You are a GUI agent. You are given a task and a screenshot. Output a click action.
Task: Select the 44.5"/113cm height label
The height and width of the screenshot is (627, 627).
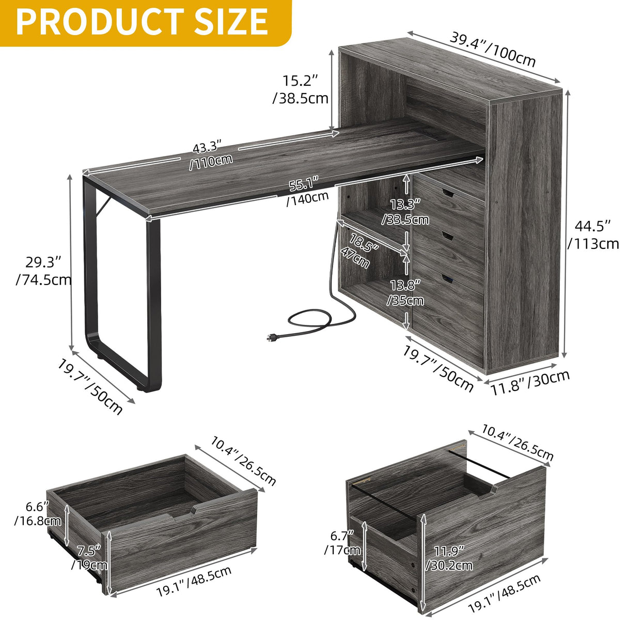click(x=593, y=234)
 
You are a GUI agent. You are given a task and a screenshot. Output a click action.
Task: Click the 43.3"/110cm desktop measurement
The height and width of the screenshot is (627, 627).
click(x=209, y=153)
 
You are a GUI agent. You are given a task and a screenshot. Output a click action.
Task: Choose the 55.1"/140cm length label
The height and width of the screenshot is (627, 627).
click(x=307, y=190)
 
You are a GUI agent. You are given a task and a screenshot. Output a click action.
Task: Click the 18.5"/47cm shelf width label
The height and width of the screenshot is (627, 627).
click(x=359, y=249)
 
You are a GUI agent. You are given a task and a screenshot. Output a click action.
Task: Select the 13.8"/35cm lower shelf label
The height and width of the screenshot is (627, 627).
click(x=406, y=292)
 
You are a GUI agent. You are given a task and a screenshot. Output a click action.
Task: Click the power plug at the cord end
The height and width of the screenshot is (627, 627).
click(x=271, y=338)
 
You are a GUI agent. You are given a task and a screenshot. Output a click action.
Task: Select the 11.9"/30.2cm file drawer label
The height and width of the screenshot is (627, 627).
click(x=448, y=557)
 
